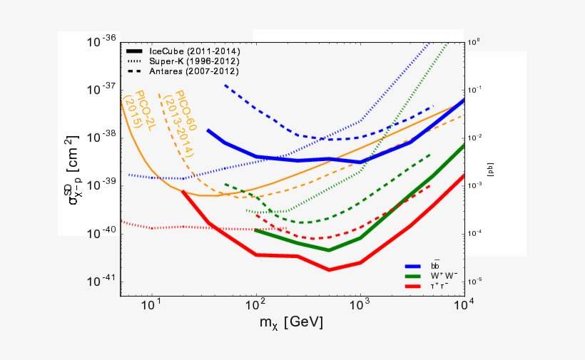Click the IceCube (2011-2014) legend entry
(193, 51)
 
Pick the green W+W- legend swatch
(415, 275)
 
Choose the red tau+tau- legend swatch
(415, 285)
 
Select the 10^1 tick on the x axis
(151, 307)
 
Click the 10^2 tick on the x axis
(255, 307)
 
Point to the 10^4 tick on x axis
(464, 307)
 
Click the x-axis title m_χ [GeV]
(291, 323)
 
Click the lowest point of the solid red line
(329, 269)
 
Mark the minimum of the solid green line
(329, 250)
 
